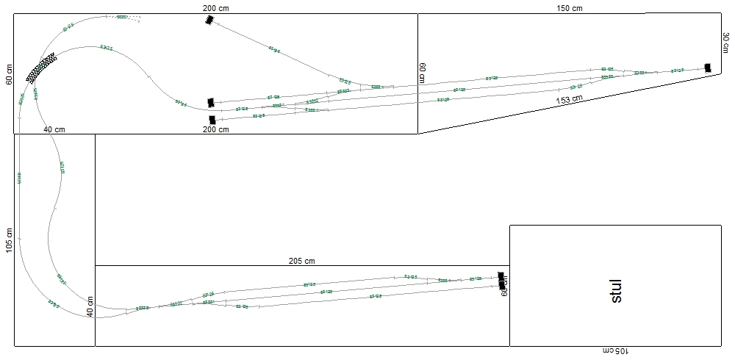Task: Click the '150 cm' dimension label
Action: [x=569, y=8]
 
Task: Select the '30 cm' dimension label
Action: [x=726, y=43]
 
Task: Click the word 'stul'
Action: [x=616, y=290]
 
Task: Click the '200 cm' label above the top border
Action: [x=215, y=7]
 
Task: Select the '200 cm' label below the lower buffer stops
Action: [x=215, y=129]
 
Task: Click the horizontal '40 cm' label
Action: [x=54, y=129]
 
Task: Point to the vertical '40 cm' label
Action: [x=90, y=306]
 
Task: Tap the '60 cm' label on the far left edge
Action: [x=10, y=74]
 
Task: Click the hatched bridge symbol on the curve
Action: [x=41, y=67]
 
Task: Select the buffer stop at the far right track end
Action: [x=708, y=68]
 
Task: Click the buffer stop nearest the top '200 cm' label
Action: [x=209, y=21]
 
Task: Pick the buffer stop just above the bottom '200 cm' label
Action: [x=212, y=119]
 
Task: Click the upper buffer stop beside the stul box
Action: [x=502, y=276]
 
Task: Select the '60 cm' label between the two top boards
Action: [x=423, y=73]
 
